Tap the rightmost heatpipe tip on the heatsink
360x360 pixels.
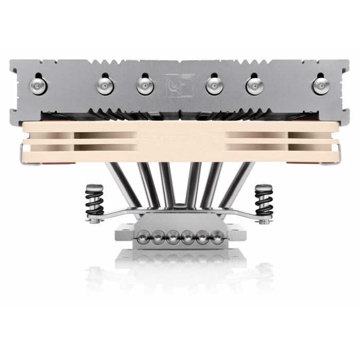pyautogui.click(x=323, y=84)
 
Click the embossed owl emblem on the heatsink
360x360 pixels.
pyautogui.click(x=173, y=84)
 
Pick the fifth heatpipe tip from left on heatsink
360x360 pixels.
pyautogui.click(x=253, y=84)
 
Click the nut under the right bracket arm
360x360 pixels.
pyautogui.click(x=264, y=222)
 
